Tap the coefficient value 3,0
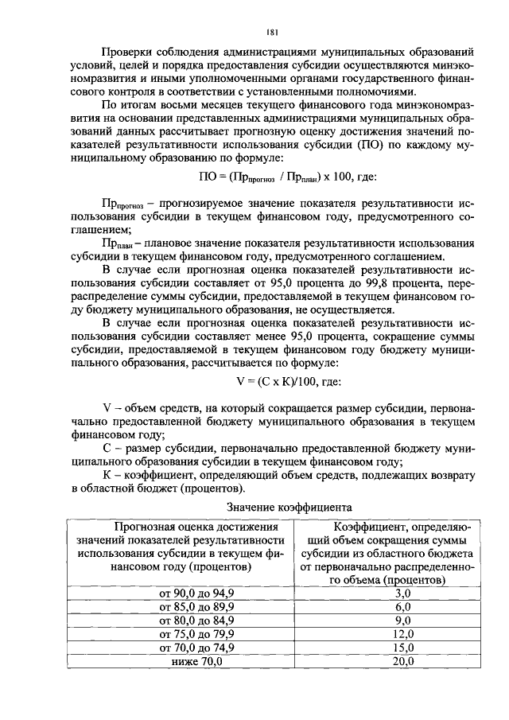402,594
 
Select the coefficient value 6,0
402,607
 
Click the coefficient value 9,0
402,621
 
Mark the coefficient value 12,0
402,634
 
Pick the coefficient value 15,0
402,648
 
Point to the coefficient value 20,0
402,661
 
